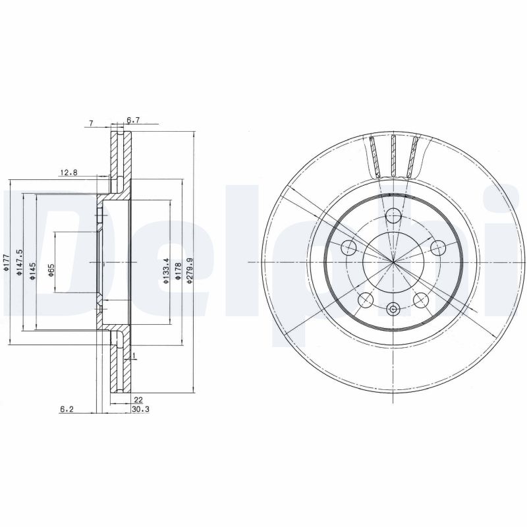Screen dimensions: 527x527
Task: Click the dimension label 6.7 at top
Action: (x=134, y=120)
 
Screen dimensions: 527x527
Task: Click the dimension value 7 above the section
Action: (x=92, y=123)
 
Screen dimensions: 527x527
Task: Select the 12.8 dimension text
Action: (x=69, y=173)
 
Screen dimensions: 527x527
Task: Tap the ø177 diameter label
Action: (x=5, y=262)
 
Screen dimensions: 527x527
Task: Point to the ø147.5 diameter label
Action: (x=20, y=262)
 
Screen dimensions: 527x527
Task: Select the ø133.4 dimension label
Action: (x=166, y=271)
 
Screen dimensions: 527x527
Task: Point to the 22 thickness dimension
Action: (x=138, y=400)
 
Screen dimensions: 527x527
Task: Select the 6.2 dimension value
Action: (x=66, y=409)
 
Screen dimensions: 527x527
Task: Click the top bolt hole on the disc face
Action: (x=393, y=215)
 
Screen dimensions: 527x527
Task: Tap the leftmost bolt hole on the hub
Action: (x=348, y=248)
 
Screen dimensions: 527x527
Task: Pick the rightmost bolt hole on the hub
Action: (x=438, y=248)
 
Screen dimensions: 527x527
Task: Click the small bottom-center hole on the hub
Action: (x=393, y=309)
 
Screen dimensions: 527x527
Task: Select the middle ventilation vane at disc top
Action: (x=393, y=155)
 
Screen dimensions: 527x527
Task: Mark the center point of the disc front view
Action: (x=393, y=262)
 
